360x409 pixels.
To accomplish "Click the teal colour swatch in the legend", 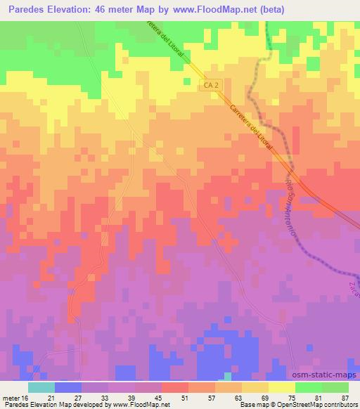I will click(41, 387).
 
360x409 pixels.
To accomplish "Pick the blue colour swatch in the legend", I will click(68, 387).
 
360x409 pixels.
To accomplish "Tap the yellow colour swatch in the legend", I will click(282, 387).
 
